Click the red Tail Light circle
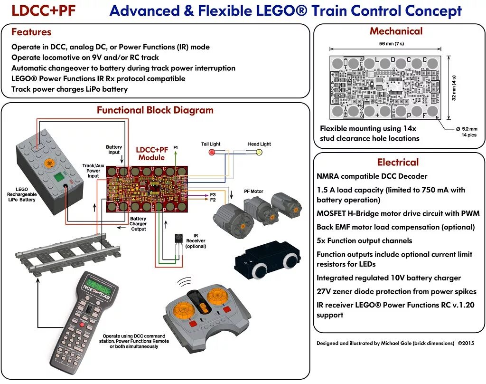pyautogui.click(x=212, y=152)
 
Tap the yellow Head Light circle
pyautogui.click(x=259, y=152)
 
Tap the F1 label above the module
pyautogui.click(x=176, y=148)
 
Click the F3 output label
pyautogui.click(x=213, y=194)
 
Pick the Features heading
pyautogui.click(x=31, y=32)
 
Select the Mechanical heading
pyautogui.click(x=396, y=31)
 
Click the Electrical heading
pyautogui.click(x=398, y=162)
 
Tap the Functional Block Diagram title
pyautogui.click(x=155, y=110)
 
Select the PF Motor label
pyautogui.click(x=253, y=191)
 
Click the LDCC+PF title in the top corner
pyautogui.click(x=43, y=11)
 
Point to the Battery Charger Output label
pyautogui.click(x=138, y=223)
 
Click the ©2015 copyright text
pyautogui.click(x=466, y=343)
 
